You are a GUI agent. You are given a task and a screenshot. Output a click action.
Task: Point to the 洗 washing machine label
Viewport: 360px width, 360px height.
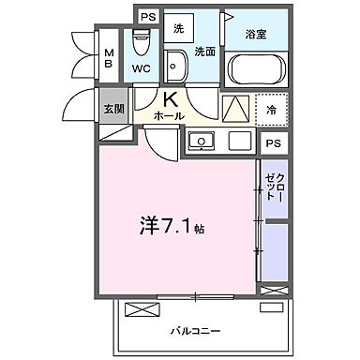[178, 29]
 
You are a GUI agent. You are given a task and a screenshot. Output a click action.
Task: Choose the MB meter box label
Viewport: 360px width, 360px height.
[109, 59]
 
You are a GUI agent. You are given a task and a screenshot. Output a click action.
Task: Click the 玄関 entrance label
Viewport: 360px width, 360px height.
[112, 108]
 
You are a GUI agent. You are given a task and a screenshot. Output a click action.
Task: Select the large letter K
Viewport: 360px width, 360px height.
[172, 99]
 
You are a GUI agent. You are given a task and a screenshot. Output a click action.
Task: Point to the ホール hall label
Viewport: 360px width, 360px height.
[169, 115]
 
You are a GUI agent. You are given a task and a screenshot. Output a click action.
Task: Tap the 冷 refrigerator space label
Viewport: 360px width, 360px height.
[272, 108]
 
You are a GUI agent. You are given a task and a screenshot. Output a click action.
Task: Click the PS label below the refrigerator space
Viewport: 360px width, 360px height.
[272, 142]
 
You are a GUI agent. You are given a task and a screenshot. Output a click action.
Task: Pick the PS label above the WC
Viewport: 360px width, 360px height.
[147, 17]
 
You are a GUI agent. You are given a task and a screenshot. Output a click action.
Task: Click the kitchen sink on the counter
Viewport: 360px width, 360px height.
[200, 142]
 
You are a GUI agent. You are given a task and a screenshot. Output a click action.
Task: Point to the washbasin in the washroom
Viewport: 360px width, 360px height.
[176, 66]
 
